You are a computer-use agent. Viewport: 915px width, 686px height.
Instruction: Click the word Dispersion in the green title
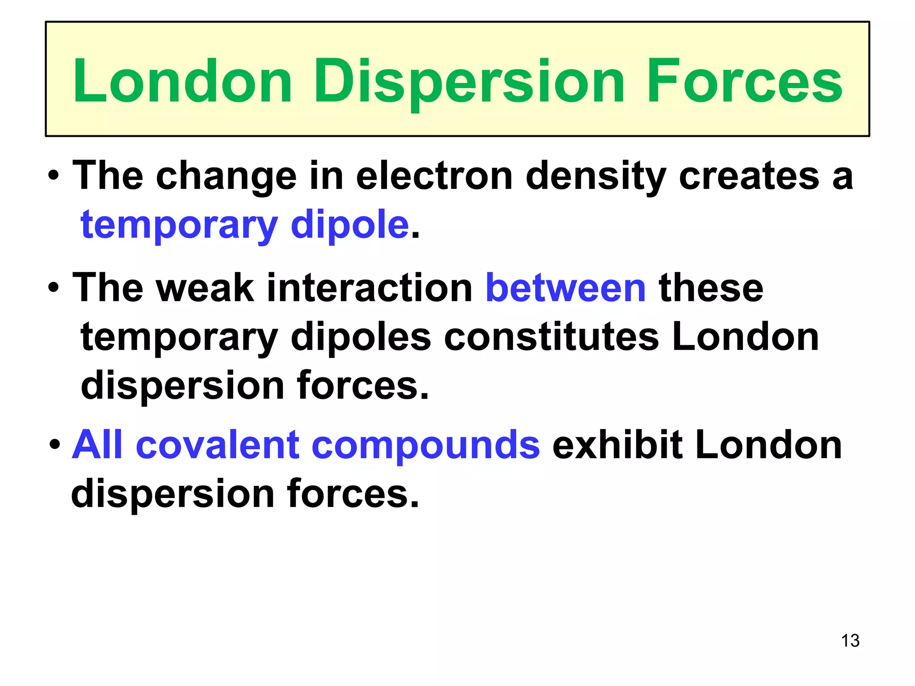pyautogui.click(x=469, y=83)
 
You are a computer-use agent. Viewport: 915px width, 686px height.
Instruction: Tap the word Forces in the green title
pyautogui.click(x=744, y=83)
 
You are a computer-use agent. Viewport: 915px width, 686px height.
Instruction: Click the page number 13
pyautogui.click(x=850, y=641)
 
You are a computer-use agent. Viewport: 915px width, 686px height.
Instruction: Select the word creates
pyautogui.click(x=749, y=176)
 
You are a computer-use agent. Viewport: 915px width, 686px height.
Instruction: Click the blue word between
pyautogui.click(x=566, y=289)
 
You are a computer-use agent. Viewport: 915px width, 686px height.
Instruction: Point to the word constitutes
pyautogui.click(x=551, y=337)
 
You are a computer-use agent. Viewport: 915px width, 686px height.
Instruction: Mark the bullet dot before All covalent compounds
pyautogui.click(x=55, y=445)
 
